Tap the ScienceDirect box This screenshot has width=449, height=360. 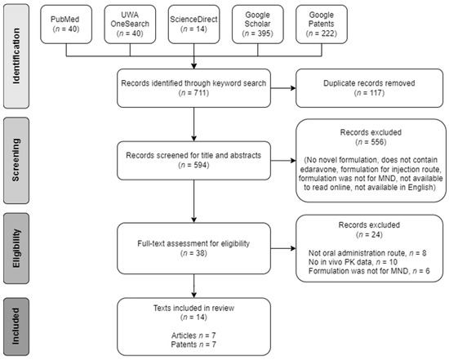[x=193, y=23]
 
